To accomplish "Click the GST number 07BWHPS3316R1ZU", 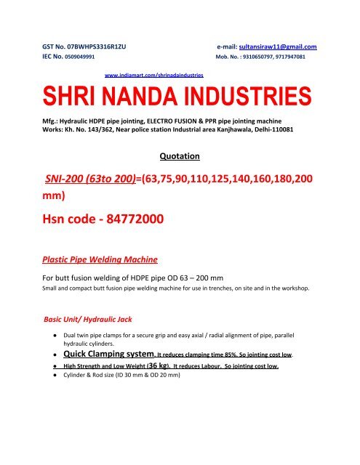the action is click(94, 47).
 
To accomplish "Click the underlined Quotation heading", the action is click(180, 155).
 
